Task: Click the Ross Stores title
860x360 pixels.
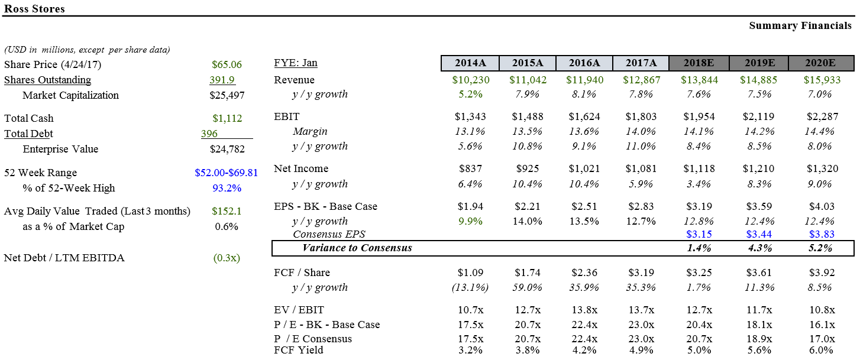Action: (34, 9)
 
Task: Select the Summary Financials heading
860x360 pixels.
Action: (800, 25)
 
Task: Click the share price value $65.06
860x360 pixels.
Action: (227, 64)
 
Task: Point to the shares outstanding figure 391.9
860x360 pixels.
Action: (223, 80)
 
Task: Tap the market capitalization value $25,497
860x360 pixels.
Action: (227, 95)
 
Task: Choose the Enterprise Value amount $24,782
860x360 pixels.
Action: (227, 149)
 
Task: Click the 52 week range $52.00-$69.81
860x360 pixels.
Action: (226, 173)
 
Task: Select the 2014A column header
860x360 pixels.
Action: (470, 63)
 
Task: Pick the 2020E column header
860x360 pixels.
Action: (820, 63)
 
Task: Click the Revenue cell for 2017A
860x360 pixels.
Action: (641, 80)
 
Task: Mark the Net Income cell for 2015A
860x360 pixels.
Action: (528, 168)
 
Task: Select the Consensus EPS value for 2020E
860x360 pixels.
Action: (822, 234)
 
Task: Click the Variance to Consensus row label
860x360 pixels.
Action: (357, 248)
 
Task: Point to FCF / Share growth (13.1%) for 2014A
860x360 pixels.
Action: (470, 287)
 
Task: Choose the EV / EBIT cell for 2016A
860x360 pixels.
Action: (584, 310)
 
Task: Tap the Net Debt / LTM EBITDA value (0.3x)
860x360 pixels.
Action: (227, 258)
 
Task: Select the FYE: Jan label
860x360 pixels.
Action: (296, 63)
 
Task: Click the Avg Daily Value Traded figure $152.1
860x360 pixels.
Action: (227, 211)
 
